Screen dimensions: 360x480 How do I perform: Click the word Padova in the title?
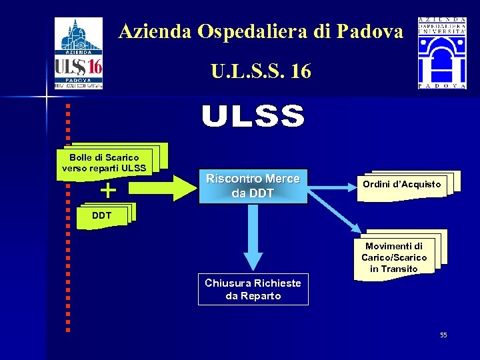click(x=371, y=31)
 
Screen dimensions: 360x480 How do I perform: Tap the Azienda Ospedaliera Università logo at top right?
click(x=442, y=53)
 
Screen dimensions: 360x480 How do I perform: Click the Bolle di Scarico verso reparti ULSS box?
click(x=104, y=163)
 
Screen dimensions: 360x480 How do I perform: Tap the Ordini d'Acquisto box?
click(x=401, y=184)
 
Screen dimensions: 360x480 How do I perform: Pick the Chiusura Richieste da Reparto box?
click(x=253, y=289)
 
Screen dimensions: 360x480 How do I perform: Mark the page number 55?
click(x=443, y=335)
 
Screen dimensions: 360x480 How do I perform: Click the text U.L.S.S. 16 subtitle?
click(x=261, y=71)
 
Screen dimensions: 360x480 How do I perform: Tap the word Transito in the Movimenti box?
click(x=394, y=269)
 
